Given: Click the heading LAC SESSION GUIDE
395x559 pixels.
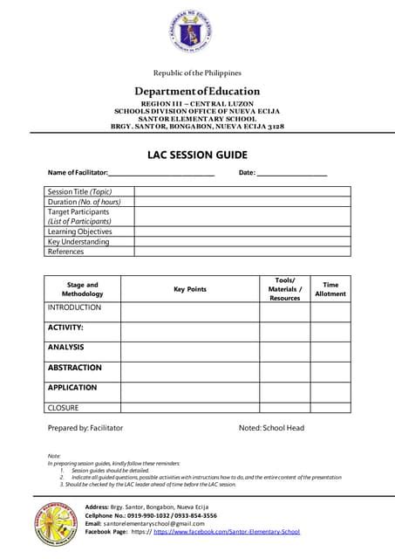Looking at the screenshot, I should [x=197, y=155].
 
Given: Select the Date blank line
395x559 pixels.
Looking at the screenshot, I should [x=292, y=174].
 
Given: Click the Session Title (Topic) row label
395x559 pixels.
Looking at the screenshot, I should [x=79, y=191].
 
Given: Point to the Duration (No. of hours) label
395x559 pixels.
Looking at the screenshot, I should [x=84, y=201].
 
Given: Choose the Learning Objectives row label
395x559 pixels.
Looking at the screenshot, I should [x=79, y=231].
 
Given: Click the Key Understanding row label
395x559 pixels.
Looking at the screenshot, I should [x=78, y=242].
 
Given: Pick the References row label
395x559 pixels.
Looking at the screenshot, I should [x=66, y=252].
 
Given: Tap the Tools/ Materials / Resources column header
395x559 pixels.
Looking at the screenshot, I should [x=284, y=289].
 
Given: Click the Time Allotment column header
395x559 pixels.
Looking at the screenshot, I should [x=330, y=289].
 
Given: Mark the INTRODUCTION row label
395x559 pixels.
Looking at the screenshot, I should [x=74, y=308].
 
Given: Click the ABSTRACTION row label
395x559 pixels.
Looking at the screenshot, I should [x=74, y=368].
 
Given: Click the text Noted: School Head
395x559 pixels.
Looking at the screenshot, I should [x=271, y=428].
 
